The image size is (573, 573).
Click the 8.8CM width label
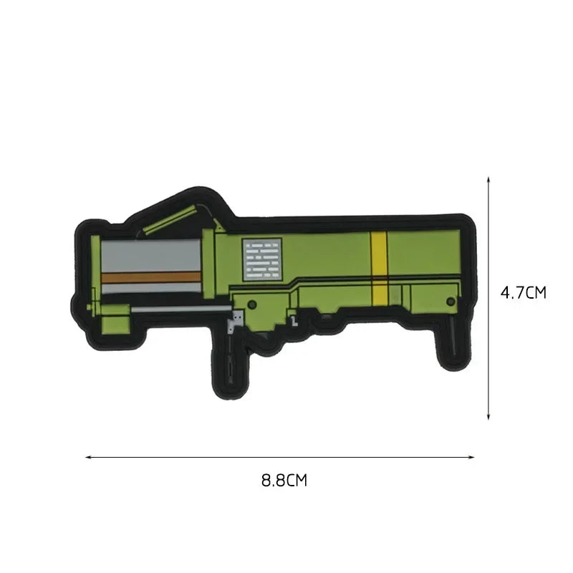284,480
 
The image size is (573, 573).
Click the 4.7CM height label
524,292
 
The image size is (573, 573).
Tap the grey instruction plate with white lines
259,259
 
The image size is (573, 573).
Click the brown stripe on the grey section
150,276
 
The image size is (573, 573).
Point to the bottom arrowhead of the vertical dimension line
488,418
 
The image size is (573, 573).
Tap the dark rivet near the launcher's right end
450,300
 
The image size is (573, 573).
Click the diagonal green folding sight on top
170,221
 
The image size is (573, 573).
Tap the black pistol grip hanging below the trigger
229,358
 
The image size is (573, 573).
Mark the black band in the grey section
150,287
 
